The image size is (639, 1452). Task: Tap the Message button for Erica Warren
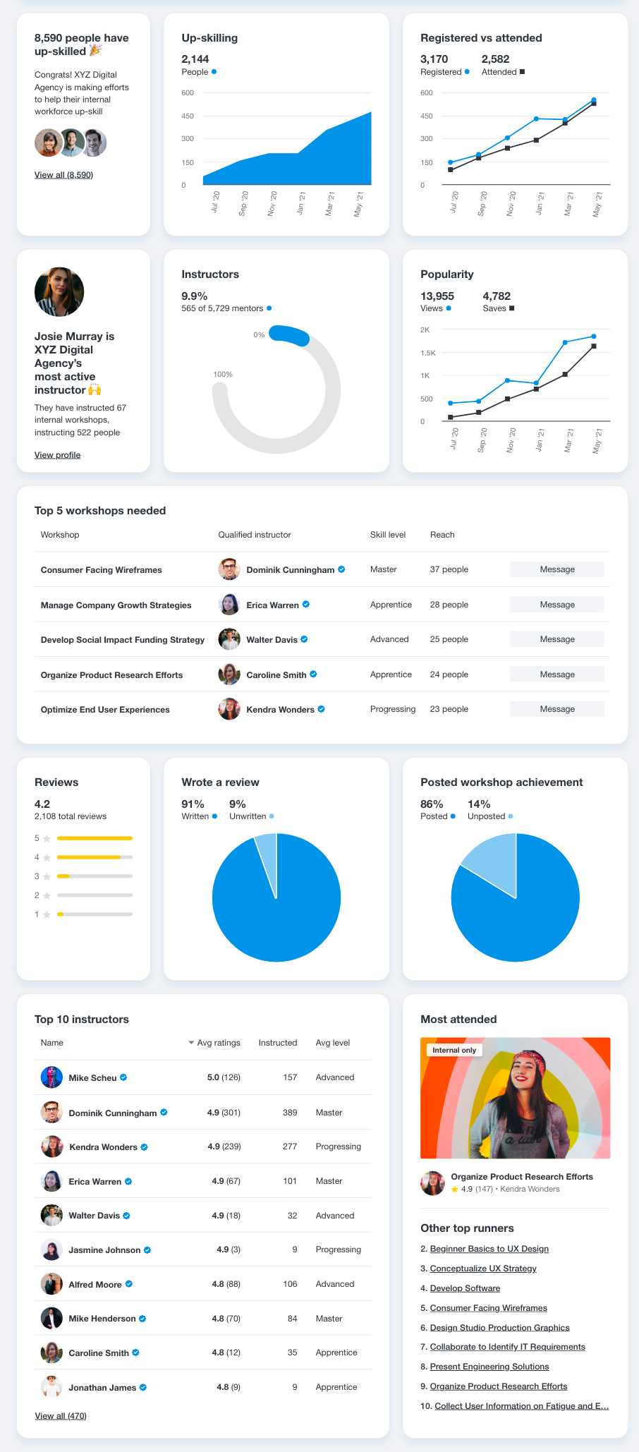point(556,605)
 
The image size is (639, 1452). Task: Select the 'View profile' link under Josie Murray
point(57,455)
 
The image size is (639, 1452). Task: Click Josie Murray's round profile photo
point(59,291)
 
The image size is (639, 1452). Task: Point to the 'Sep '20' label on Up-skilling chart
point(243,203)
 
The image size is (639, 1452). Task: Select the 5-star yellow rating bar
point(95,838)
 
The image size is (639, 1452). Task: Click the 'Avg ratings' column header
point(218,1043)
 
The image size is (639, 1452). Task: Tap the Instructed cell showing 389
point(289,1113)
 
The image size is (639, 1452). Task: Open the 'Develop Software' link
point(465,1288)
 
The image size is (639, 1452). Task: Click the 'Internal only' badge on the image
point(454,1050)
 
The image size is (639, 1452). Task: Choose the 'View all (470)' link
point(61,1415)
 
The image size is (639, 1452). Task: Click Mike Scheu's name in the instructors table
point(92,1077)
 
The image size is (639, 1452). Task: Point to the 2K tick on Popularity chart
point(425,329)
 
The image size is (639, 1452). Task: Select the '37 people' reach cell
point(449,569)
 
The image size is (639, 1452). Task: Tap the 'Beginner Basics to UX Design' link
point(489,1249)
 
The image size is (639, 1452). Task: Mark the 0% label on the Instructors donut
point(259,334)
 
